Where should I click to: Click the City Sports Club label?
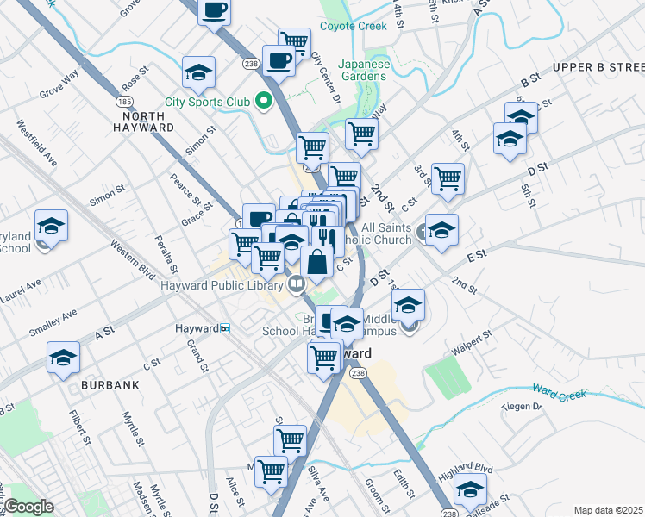click(207, 103)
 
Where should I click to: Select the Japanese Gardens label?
click(362, 70)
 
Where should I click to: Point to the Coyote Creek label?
click(354, 26)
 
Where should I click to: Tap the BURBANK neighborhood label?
click(110, 385)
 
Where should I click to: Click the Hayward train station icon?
click(225, 328)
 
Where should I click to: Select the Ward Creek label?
click(560, 393)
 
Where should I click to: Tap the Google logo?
click(29, 507)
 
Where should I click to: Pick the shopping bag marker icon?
click(317, 262)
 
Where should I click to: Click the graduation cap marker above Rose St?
click(198, 72)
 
